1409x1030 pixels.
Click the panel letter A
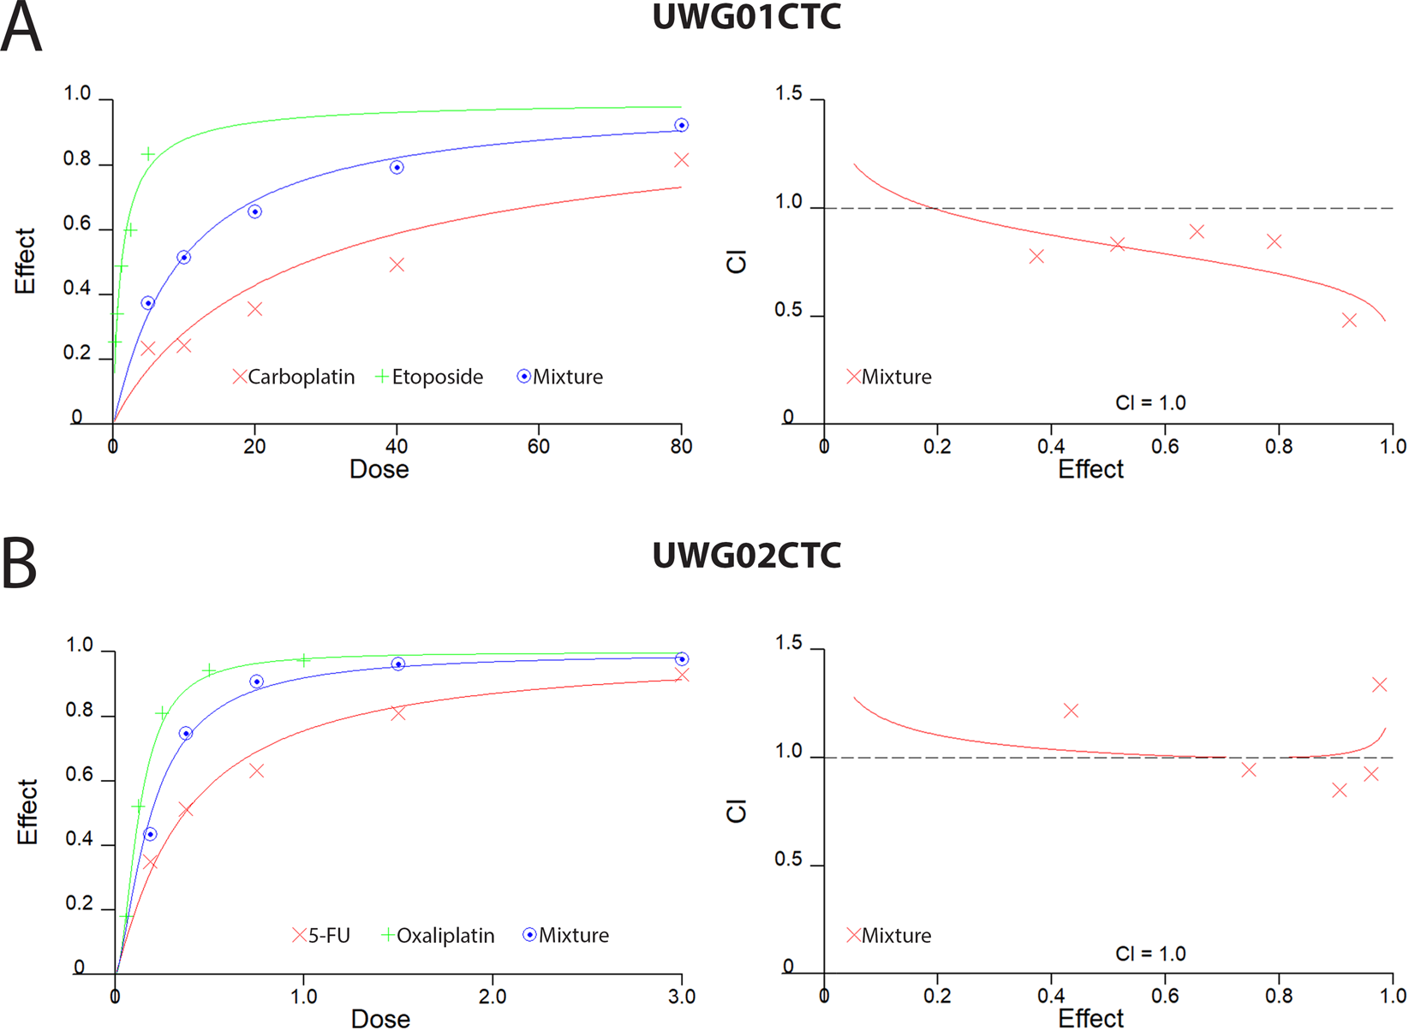click(x=21, y=28)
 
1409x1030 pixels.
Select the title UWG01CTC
click(x=746, y=18)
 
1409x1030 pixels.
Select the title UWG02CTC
click(x=746, y=556)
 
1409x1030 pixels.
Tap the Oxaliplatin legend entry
click(x=439, y=936)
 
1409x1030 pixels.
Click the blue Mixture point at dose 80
click(x=681, y=126)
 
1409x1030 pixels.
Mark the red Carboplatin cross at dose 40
click(x=397, y=265)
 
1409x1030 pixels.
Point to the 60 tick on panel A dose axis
click(x=539, y=446)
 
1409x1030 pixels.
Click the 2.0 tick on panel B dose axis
click(x=493, y=997)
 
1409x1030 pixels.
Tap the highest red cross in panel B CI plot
click(x=1379, y=685)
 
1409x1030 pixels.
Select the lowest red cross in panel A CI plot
click(x=1349, y=320)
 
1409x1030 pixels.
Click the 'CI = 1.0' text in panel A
click(x=1150, y=403)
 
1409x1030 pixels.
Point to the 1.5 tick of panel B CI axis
click(x=789, y=644)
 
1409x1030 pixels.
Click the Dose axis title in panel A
click(x=379, y=470)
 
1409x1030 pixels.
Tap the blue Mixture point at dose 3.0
click(x=682, y=659)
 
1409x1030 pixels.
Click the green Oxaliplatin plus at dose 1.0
click(x=304, y=660)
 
